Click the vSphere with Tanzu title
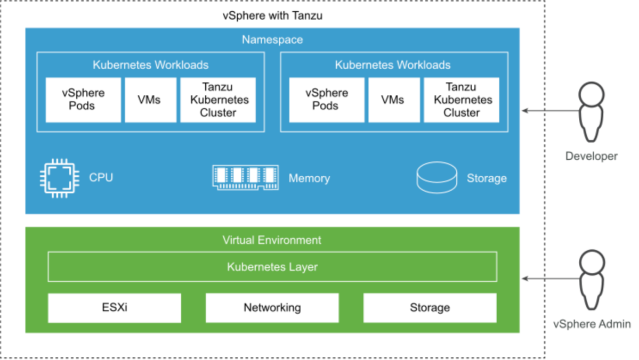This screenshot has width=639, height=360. click(272, 15)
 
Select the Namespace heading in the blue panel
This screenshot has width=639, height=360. click(272, 40)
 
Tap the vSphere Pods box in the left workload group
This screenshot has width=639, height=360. click(83, 100)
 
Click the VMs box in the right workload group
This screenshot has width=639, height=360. click(393, 100)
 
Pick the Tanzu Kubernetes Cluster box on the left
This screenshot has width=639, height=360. click(217, 100)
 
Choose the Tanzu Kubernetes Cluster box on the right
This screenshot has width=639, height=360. click(462, 100)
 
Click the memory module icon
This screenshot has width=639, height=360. click(246, 178)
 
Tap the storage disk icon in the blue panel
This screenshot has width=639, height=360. click(436, 177)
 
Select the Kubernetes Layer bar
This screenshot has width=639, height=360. click(272, 267)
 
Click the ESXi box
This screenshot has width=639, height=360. click(114, 308)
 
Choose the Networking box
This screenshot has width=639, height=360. click(272, 308)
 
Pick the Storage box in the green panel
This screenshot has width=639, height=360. click(430, 308)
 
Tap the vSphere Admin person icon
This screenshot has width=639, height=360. click(591, 280)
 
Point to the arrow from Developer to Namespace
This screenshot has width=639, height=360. click(549, 111)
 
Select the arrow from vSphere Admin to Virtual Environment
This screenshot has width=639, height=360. click(549, 279)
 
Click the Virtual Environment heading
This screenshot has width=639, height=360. click(272, 240)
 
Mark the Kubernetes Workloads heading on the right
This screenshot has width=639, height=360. click(393, 65)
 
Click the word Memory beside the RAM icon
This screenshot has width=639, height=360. click(309, 178)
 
